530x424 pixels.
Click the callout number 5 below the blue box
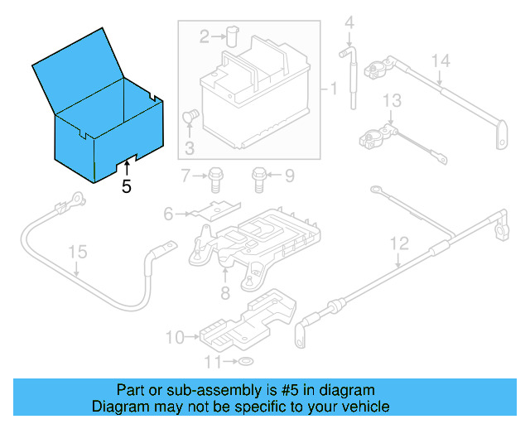126,186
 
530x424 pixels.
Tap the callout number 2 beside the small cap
205,36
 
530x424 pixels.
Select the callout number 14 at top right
440,60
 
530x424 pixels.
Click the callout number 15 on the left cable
76,251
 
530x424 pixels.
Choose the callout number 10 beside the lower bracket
173,337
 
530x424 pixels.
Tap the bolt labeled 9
258,176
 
